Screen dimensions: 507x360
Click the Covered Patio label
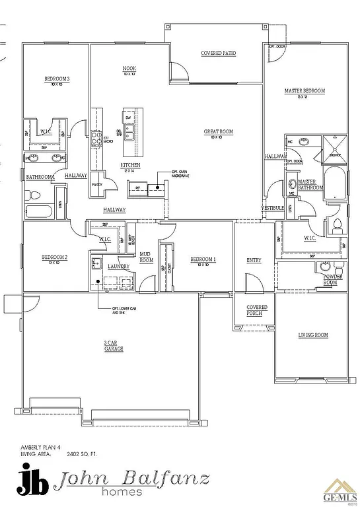click(218, 53)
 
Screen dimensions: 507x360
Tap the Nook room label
click(129, 71)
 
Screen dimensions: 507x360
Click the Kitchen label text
click(129, 166)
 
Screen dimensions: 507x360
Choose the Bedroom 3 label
click(57, 81)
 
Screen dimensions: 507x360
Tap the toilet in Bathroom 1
click(35, 195)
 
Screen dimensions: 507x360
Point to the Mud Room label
click(146, 258)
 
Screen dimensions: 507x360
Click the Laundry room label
click(118, 266)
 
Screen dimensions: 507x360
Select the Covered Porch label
click(257, 310)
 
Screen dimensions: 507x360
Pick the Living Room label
click(313, 335)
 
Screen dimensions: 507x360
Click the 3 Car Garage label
click(113, 346)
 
